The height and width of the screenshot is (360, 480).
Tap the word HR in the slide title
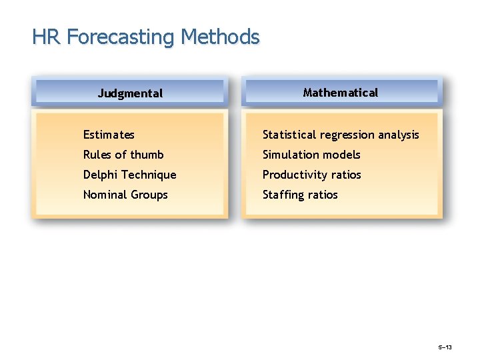pos(46,37)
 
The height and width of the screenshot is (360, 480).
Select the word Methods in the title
pos(219,37)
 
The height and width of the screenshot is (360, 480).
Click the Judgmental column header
pos(130,93)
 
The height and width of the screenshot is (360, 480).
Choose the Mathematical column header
pos(340,93)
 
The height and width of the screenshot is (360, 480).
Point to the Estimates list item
pos(109,135)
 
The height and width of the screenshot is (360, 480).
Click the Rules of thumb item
pos(123,155)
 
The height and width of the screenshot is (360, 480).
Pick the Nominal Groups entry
pos(125,195)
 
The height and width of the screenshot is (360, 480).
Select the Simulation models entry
pos(311,155)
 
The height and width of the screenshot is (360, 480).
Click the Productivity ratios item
pos(311,175)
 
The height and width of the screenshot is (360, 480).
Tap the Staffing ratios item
pos(300,195)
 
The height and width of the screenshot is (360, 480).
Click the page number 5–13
pos(445,347)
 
